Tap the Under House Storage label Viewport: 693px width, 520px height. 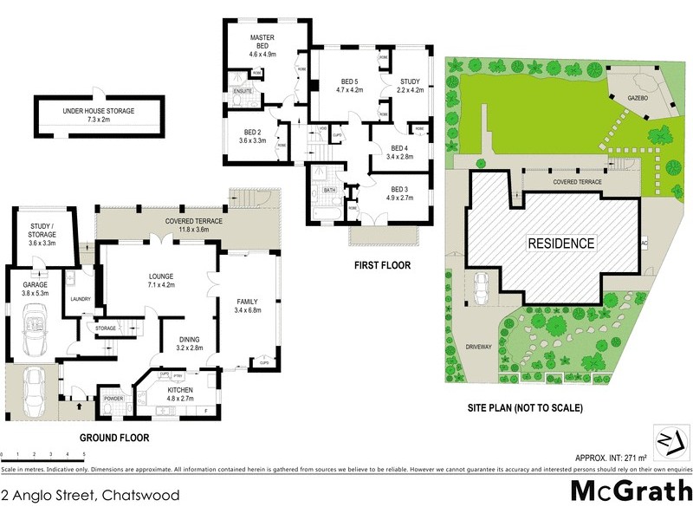click(99, 110)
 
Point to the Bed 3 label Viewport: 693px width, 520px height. click(398, 189)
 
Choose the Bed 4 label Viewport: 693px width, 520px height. click(398, 148)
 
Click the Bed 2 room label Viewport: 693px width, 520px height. click(252, 132)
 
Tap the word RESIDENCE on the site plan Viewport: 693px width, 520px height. click(561, 244)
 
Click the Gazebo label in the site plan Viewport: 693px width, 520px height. click(639, 100)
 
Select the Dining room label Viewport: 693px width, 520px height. click(189, 340)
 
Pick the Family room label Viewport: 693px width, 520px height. click(248, 301)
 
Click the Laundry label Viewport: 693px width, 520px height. click(81, 300)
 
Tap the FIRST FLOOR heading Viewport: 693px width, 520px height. click(380, 265)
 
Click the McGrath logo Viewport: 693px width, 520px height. click(631, 491)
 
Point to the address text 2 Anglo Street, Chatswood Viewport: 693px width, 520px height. click(91, 496)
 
